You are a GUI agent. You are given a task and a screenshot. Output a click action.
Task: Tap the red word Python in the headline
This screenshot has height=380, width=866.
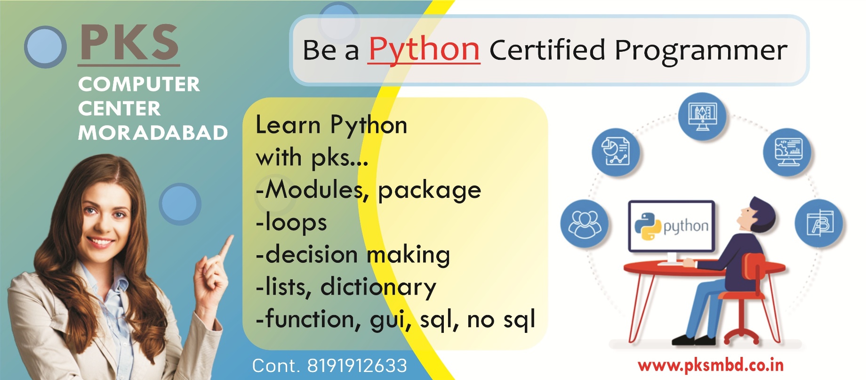(x=424, y=49)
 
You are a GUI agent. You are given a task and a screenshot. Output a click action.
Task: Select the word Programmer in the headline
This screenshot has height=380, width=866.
(x=701, y=50)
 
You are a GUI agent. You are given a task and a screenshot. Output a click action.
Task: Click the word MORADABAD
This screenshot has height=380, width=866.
(x=153, y=133)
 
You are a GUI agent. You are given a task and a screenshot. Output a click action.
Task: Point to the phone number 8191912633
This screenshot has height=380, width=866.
(x=357, y=366)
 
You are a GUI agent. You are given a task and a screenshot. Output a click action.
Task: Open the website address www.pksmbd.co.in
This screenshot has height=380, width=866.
(x=710, y=365)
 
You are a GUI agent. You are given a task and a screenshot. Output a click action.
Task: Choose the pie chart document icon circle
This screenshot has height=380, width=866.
(x=616, y=153)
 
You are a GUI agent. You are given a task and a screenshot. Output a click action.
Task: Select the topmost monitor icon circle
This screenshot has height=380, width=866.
(x=702, y=116)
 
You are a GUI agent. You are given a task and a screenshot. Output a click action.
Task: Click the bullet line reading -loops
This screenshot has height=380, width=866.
(x=291, y=222)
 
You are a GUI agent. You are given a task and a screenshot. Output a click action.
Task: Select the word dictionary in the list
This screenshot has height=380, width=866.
(x=378, y=287)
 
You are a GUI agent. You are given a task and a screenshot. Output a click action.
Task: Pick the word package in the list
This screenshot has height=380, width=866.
(x=429, y=191)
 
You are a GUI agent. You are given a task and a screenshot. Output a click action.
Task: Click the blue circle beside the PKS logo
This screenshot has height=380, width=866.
(x=45, y=47)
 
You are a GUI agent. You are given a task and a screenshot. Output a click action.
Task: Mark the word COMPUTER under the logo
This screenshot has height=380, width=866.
(x=139, y=84)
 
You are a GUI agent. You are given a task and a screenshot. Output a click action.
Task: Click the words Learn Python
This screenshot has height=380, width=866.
(x=331, y=126)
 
